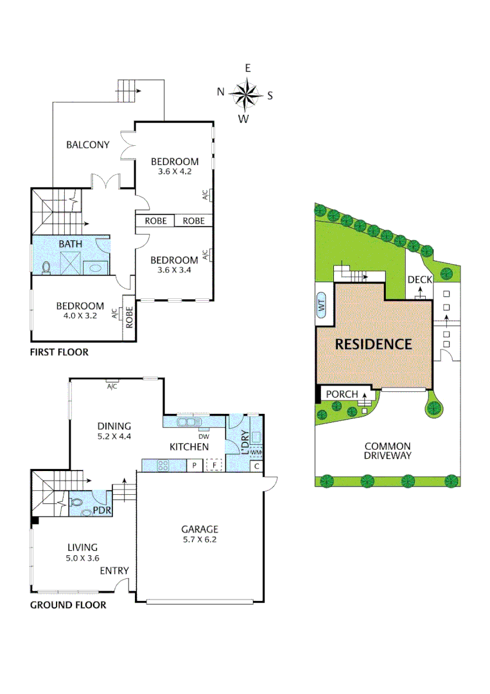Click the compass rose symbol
click(x=245, y=94)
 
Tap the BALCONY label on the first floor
click(x=88, y=145)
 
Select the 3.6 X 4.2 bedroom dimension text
click(x=174, y=172)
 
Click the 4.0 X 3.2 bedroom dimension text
click(x=80, y=316)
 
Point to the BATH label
click(x=70, y=244)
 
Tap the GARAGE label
click(x=199, y=529)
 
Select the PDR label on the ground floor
click(x=100, y=511)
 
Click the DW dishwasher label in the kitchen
click(x=205, y=436)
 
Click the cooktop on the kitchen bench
click(x=161, y=465)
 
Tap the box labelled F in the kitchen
click(x=214, y=465)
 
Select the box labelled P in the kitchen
click(x=193, y=465)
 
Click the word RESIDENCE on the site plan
click(x=373, y=344)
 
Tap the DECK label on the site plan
click(x=420, y=280)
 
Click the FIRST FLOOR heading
click(x=59, y=352)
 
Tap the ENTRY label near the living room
click(x=114, y=571)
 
